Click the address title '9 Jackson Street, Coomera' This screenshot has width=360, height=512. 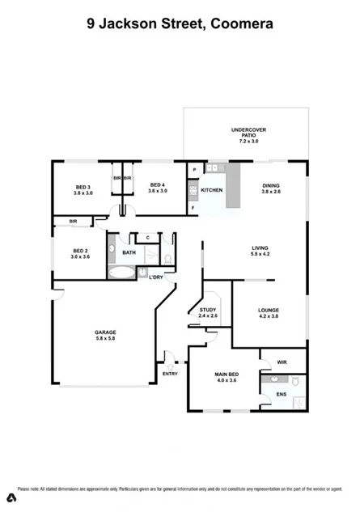(x=180, y=23)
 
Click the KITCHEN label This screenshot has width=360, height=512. (x=211, y=190)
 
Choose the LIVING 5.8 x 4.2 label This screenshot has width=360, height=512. (x=259, y=251)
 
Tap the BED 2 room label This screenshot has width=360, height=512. (x=79, y=254)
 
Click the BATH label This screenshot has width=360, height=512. (x=129, y=252)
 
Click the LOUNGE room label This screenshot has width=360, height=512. (x=269, y=314)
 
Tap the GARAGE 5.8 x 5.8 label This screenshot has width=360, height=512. (x=105, y=336)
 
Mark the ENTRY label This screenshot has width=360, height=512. (x=170, y=374)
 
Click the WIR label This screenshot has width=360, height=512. (x=282, y=362)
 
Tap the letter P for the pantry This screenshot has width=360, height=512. (x=194, y=168)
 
